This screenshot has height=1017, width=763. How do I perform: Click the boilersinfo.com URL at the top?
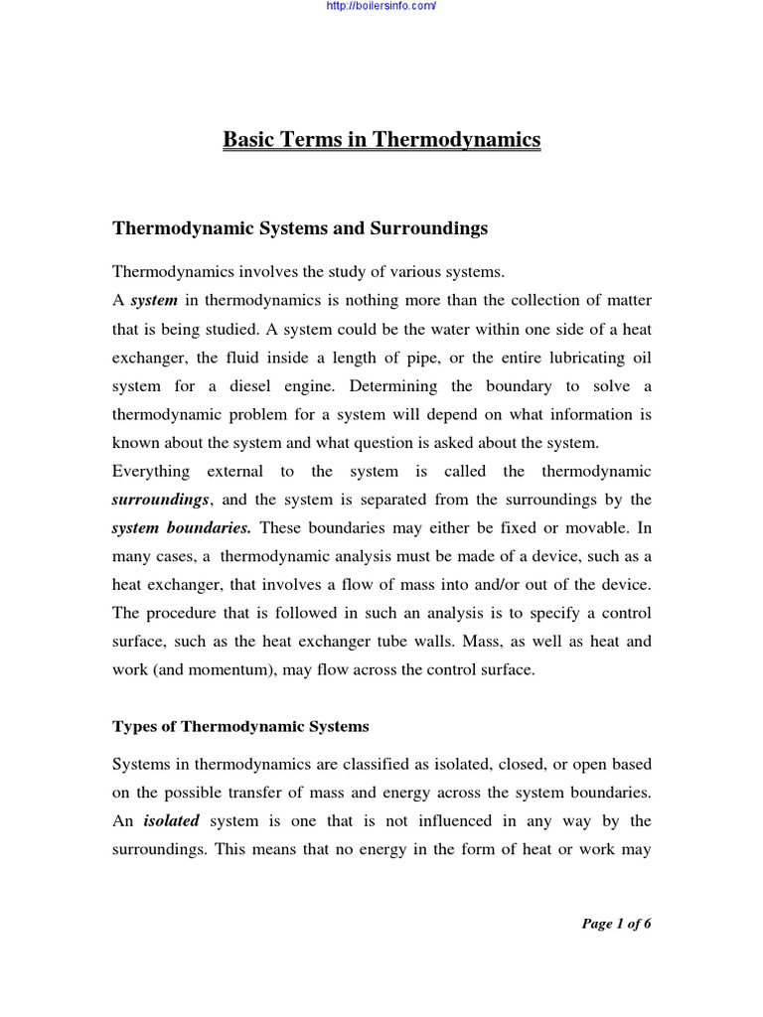[x=381, y=6]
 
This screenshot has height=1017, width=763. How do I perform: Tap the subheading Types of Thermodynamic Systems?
[x=240, y=727]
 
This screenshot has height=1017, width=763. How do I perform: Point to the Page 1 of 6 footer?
[x=616, y=924]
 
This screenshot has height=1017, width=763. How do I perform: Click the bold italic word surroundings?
[x=159, y=499]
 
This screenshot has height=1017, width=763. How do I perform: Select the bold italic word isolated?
[x=172, y=820]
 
